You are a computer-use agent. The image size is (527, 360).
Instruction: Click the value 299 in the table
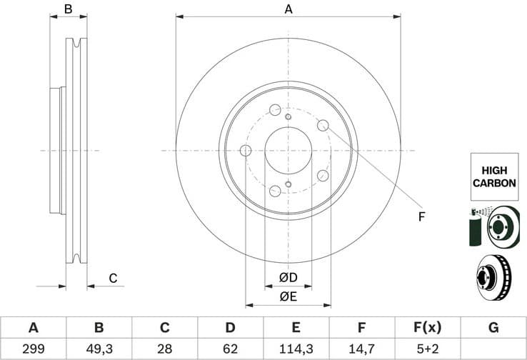[33, 349]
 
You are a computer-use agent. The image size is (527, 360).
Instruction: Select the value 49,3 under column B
[99, 349]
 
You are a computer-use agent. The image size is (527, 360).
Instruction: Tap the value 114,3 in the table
[296, 349]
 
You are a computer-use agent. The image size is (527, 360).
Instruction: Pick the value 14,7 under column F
[362, 349]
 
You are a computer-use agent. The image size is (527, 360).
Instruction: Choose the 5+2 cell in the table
[428, 349]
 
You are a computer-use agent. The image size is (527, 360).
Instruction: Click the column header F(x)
[428, 328]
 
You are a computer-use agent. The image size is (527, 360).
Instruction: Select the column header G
[493, 328]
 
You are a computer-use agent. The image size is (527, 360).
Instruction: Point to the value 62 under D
[231, 349]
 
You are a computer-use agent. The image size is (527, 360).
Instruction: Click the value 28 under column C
[165, 349]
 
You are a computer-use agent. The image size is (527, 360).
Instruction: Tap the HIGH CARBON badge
[493, 177]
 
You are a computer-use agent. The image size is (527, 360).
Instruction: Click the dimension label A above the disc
[288, 9]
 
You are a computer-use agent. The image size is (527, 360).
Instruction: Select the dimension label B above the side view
[69, 9]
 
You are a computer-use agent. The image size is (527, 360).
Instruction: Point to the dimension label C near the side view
[112, 279]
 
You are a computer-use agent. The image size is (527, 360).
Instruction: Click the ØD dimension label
[288, 277]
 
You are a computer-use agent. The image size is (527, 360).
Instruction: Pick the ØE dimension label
[288, 296]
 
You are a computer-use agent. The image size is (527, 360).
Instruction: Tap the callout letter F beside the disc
[421, 216]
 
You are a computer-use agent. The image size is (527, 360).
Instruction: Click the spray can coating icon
[477, 226]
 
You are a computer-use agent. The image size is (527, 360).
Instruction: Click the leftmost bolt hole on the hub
[246, 151]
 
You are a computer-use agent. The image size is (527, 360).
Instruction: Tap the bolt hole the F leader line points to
[323, 126]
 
